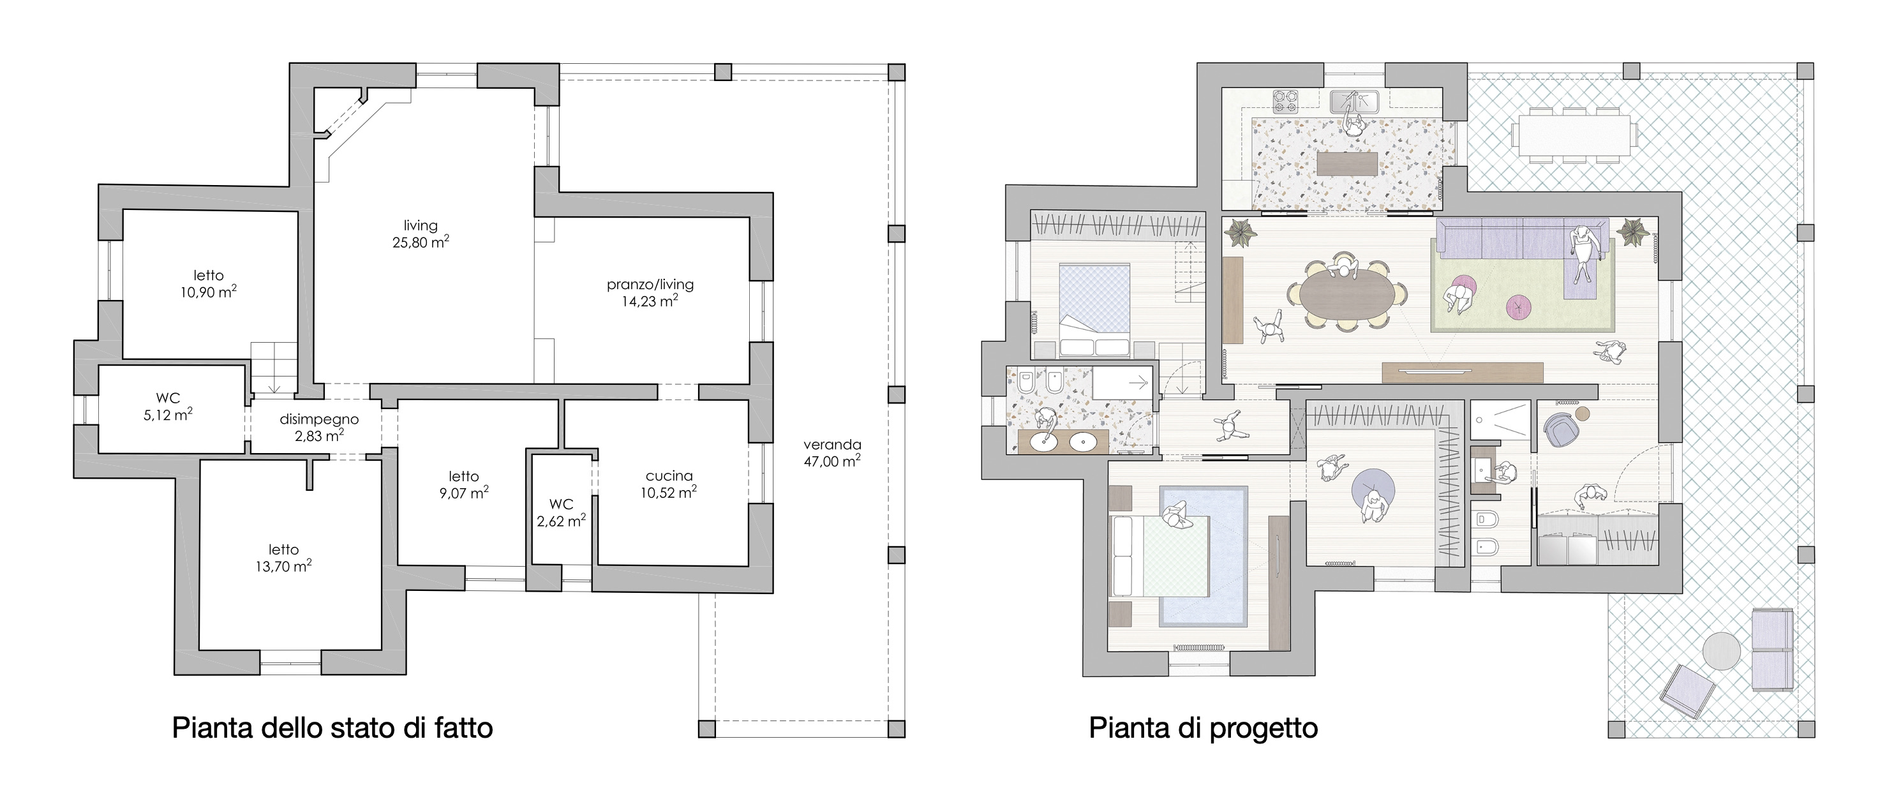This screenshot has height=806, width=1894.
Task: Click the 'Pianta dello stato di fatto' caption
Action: point(332,728)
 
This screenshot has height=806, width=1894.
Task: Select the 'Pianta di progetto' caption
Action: point(1203,728)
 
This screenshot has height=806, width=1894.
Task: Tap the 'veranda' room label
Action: point(832,444)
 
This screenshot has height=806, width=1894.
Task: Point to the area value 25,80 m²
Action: point(421,241)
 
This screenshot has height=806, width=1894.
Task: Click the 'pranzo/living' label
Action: point(650,284)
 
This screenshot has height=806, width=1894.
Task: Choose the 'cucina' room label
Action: point(669,476)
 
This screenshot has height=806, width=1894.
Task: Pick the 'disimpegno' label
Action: point(319,419)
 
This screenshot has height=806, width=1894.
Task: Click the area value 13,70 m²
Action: point(284,565)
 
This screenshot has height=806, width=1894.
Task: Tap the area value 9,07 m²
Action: point(464,492)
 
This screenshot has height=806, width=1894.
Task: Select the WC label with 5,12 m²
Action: point(168,399)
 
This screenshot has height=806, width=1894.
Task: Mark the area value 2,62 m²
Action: point(561,521)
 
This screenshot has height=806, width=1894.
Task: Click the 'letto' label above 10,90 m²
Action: point(209,275)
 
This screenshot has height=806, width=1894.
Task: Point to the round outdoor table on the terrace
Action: point(1721,652)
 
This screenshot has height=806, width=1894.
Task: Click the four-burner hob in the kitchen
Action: point(1286,100)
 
